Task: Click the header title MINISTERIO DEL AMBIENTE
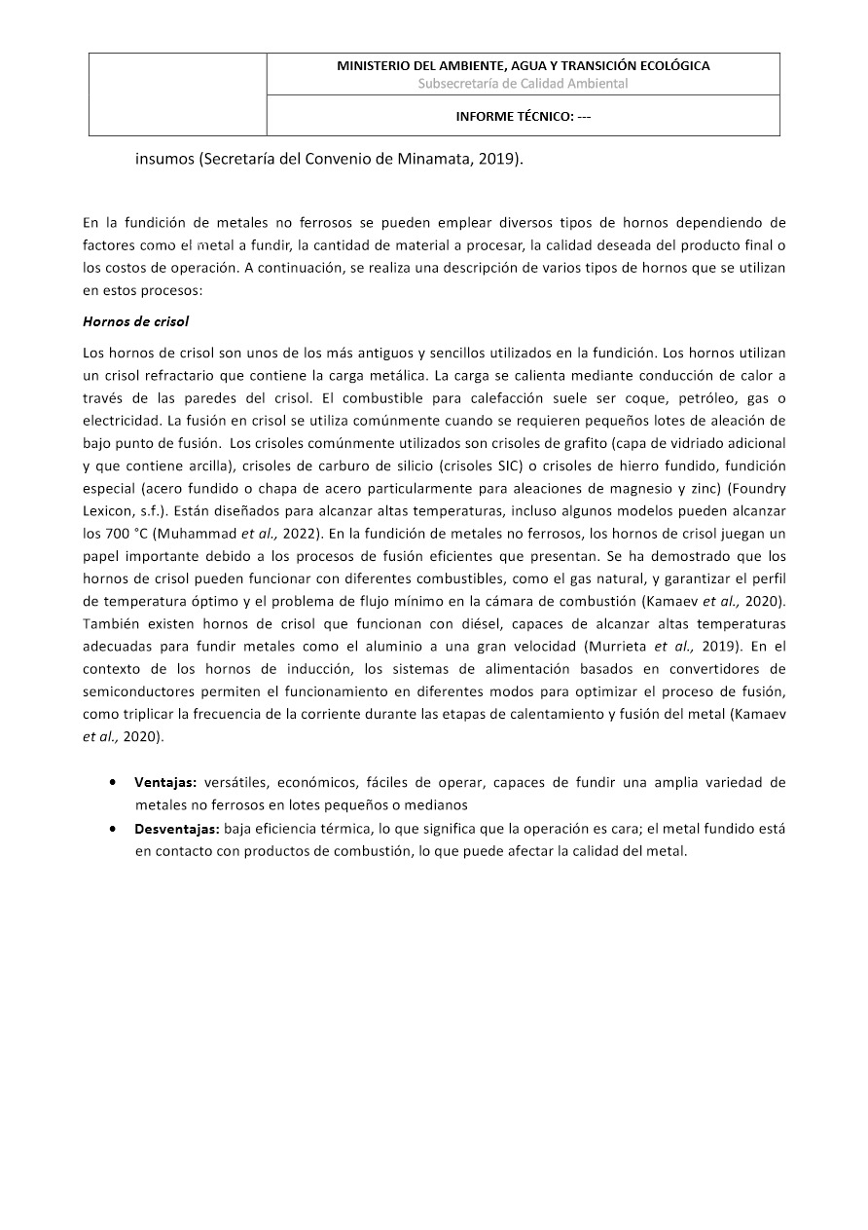tap(523, 66)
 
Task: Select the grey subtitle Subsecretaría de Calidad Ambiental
tap(523, 84)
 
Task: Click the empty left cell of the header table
tap(178, 93)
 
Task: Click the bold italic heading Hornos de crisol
tap(136, 321)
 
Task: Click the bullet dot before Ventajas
tap(115, 783)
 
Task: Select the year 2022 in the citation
tap(301, 533)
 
